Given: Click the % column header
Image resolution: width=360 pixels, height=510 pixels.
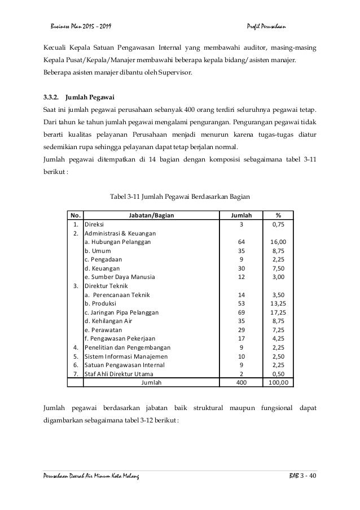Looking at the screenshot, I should click(x=278, y=215).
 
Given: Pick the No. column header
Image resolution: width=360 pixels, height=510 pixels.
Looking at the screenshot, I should click(x=74, y=215).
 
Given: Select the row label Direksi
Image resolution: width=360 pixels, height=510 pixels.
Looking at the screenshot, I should click(x=94, y=224).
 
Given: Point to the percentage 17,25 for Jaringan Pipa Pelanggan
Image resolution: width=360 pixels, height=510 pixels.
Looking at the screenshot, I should click(x=278, y=312).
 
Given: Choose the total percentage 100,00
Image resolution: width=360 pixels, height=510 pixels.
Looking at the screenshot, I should click(x=278, y=382).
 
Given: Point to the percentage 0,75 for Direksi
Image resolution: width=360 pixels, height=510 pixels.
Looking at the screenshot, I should click(x=278, y=224).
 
